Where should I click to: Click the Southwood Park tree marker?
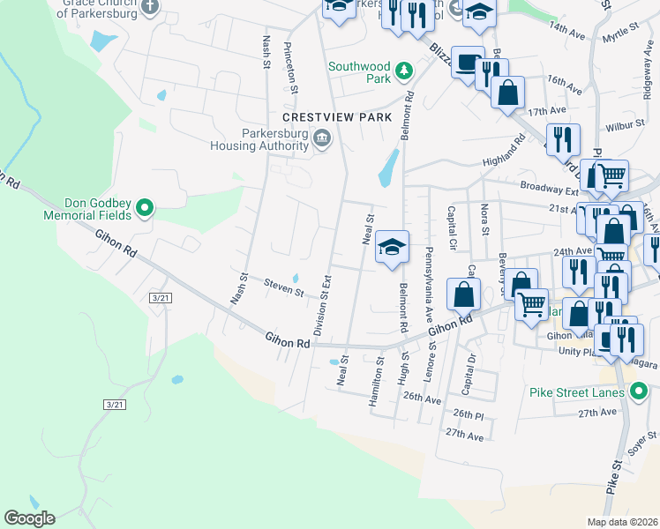point(403,70)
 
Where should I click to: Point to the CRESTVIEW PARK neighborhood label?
point(336,117)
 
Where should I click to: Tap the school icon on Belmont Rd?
point(392,247)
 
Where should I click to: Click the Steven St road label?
point(284,287)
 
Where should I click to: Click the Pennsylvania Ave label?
point(430,275)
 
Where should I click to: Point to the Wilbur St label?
point(626,124)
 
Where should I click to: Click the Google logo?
point(29,518)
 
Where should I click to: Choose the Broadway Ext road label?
point(548,188)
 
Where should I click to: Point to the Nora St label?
point(484,219)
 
